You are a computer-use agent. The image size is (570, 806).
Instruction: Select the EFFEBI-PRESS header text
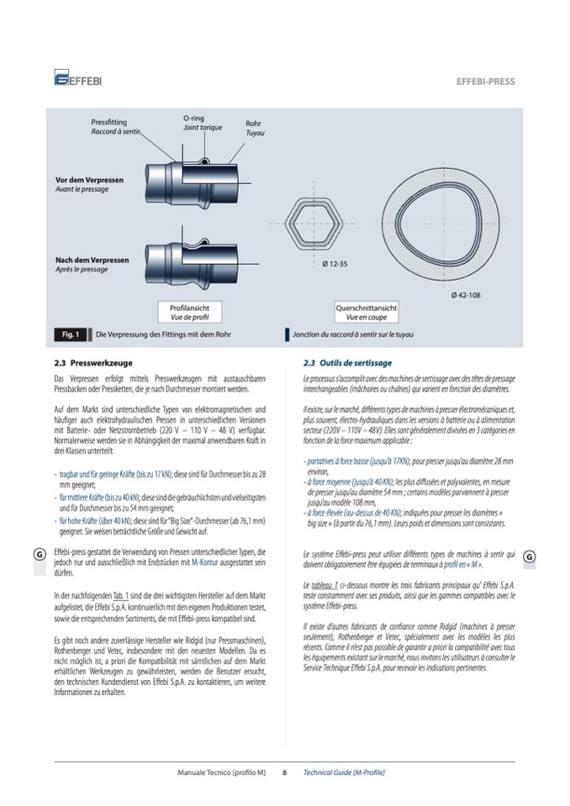click(x=485, y=82)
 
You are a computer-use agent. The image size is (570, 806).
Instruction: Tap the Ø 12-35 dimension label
click(x=336, y=264)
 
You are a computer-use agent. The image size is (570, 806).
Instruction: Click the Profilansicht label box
click(x=189, y=313)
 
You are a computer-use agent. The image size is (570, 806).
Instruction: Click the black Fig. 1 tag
click(x=71, y=335)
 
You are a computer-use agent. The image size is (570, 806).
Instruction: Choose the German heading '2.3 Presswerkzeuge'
click(x=89, y=363)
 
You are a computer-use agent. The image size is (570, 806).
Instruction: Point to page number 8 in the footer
click(x=284, y=772)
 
